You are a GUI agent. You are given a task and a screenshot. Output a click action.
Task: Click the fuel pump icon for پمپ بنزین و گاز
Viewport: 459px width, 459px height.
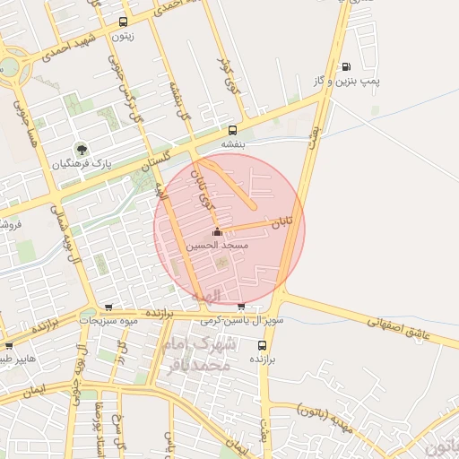point(346,67)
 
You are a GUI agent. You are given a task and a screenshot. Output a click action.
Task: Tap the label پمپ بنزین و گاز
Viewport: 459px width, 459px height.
point(347,82)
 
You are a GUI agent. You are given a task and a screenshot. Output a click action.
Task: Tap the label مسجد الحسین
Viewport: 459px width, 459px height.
point(217,245)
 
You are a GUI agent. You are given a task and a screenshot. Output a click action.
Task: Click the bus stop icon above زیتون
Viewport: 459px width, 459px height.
point(123,22)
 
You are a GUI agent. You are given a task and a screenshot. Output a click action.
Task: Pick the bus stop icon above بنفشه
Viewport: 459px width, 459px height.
point(234,130)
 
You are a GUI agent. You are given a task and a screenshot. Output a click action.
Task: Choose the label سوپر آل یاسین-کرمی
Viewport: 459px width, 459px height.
point(241,320)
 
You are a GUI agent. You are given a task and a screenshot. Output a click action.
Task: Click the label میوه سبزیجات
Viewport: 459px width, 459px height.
point(110,320)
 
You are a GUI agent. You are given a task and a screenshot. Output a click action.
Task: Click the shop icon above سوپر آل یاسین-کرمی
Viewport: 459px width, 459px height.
point(241,307)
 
